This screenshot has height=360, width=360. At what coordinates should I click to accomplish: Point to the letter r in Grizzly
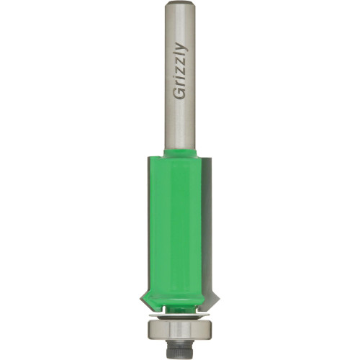180,86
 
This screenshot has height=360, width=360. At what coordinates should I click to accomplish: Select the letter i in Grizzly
180,79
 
